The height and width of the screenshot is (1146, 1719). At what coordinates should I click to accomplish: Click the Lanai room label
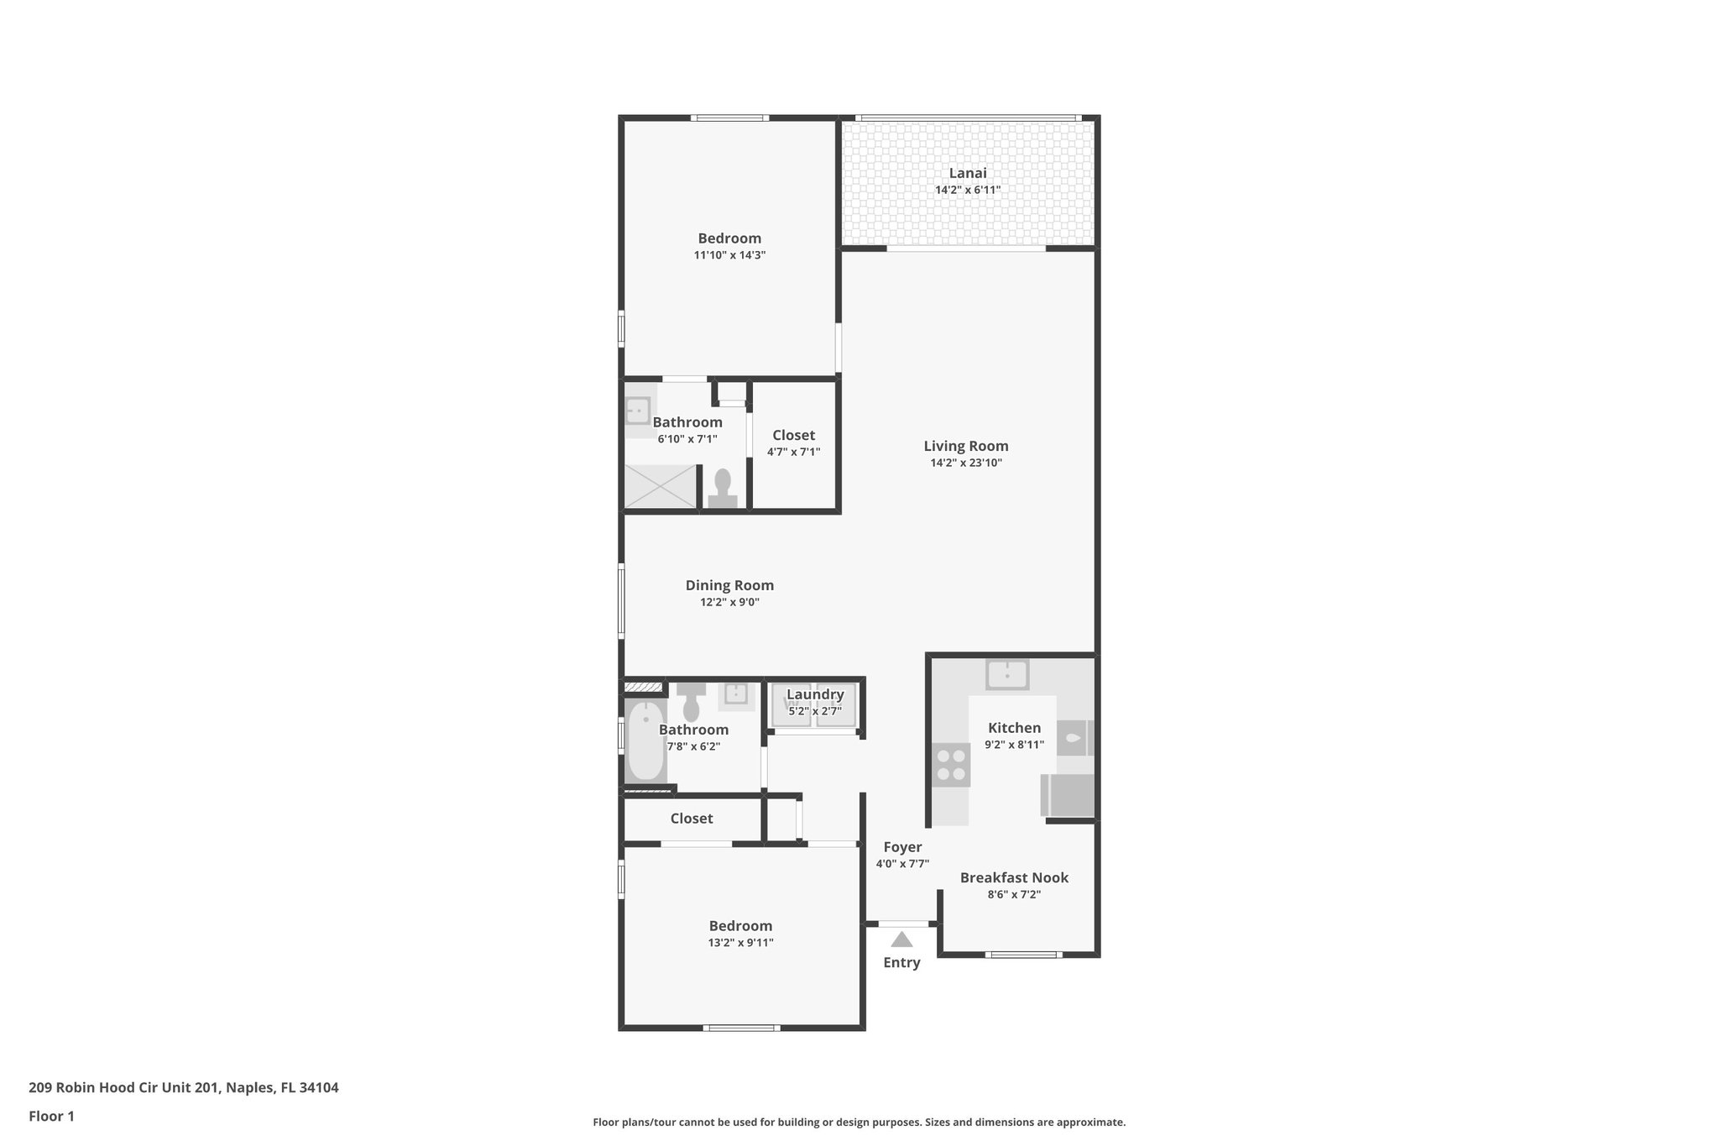[x=968, y=173]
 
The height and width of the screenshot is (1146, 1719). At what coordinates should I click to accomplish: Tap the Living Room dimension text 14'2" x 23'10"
[x=966, y=463]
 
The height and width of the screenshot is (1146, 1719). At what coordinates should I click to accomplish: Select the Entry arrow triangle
[x=901, y=939]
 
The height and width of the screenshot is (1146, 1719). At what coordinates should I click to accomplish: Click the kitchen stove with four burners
[x=951, y=765]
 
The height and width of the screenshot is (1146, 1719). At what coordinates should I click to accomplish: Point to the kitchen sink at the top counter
[x=1007, y=674]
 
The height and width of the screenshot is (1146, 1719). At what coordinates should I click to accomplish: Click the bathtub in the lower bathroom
[x=645, y=741]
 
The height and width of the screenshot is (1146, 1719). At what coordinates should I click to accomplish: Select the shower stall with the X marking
[x=661, y=486]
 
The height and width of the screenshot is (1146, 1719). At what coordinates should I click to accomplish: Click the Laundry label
[x=815, y=694]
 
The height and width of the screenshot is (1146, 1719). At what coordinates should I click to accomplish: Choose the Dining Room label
[x=729, y=585]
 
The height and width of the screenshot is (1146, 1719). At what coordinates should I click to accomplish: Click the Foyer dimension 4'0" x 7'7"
[x=902, y=864]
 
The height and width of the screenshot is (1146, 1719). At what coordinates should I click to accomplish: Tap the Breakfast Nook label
[x=1014, y=877]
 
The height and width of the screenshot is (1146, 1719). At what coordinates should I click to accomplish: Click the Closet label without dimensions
[x=692, y=818]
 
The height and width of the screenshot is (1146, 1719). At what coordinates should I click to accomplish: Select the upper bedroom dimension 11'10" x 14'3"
[x=729, y=255]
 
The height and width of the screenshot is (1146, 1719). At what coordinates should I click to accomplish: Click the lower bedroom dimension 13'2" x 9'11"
[x=740, y=943]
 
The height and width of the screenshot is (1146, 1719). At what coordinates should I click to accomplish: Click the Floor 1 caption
[x=51, y=1116]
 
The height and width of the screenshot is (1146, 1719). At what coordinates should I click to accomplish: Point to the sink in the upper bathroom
[x=638, y=411]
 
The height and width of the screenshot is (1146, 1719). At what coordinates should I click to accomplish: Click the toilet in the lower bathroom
[x=692, y=704]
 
